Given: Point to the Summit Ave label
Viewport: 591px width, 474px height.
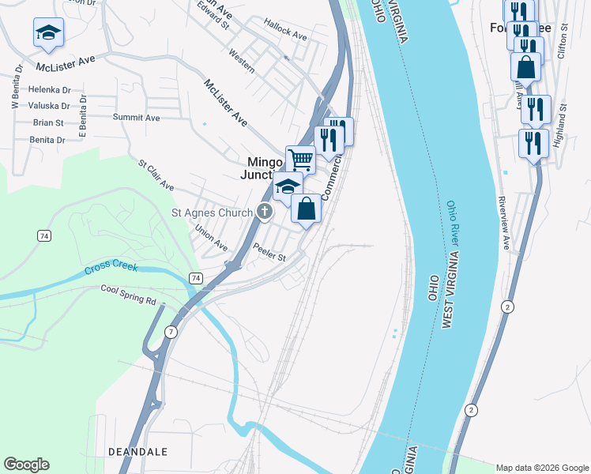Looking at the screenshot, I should point(136,118).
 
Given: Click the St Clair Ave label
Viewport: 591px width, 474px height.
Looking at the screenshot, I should point(156,175).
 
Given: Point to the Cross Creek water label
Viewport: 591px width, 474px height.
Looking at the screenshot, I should point(111,268).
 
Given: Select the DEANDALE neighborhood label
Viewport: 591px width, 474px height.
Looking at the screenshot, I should point(137,451).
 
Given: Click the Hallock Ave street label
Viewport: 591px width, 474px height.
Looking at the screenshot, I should point(285,36).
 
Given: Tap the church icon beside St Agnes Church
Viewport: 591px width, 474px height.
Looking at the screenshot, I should point(264,212).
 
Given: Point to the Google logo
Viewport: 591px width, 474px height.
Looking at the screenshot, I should point(26,465).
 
